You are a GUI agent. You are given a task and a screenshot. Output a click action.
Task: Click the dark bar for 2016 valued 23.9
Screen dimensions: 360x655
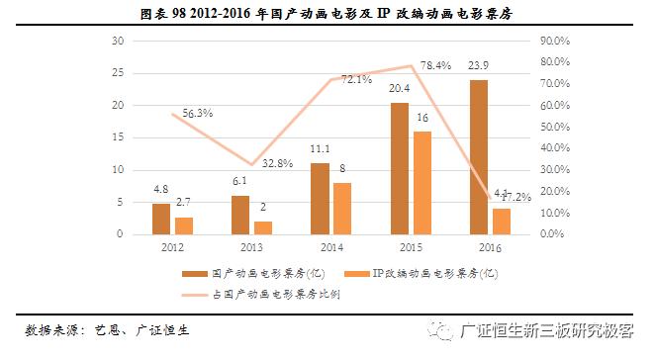478,157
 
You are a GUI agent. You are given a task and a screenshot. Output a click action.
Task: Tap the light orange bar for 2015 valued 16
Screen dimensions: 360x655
422,183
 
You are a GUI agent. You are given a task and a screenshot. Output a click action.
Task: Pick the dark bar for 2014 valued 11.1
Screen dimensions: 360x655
320,199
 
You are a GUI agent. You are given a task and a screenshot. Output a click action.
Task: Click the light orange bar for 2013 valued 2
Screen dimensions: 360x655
262,227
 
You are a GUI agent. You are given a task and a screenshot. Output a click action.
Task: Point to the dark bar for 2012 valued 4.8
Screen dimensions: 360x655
160,219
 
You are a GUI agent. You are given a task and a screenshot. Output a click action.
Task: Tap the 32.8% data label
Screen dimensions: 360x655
276,163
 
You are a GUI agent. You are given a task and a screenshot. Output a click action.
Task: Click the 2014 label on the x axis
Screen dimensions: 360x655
330,247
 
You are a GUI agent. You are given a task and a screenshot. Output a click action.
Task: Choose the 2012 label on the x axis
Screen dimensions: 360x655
171,247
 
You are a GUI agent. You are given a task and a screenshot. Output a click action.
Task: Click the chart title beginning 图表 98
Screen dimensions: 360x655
327,13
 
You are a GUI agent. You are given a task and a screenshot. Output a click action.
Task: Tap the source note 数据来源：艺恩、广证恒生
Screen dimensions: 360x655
107,328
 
